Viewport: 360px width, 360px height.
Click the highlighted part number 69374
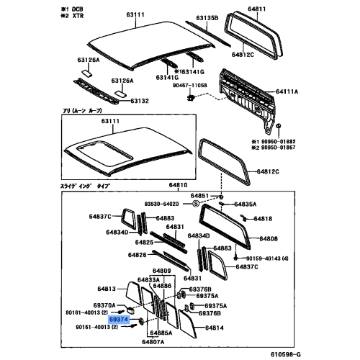[118, 318]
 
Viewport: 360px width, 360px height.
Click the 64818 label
[261, 217]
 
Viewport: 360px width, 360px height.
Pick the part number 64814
[215, 328]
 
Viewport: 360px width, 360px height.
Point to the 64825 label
[146, 243]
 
